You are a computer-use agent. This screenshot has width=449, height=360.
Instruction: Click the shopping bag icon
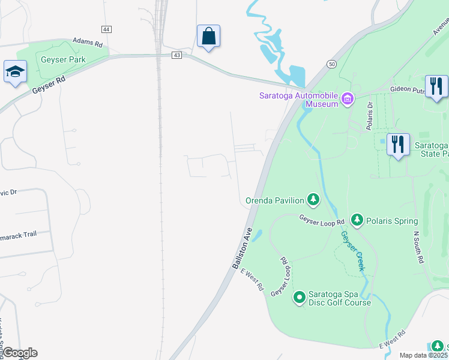[208, 36]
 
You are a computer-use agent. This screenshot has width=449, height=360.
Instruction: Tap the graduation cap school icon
[15, 72]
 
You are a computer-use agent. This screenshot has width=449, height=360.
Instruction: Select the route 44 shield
[106, 29]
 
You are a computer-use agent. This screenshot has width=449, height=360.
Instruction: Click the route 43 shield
[176, 55]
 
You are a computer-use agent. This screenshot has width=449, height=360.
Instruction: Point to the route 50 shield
[331, 64]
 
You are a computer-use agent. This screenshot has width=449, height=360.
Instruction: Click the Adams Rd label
[88, 43]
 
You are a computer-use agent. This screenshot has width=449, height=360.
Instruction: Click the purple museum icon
[348, 98]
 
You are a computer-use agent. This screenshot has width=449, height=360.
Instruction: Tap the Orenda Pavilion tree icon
[313, 199]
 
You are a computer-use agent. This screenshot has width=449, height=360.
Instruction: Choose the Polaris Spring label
[392, 221]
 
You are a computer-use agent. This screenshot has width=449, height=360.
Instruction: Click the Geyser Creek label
[352, 251]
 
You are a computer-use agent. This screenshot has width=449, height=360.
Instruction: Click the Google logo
[19, 353]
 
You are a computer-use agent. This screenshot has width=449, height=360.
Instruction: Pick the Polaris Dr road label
[370, 115]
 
